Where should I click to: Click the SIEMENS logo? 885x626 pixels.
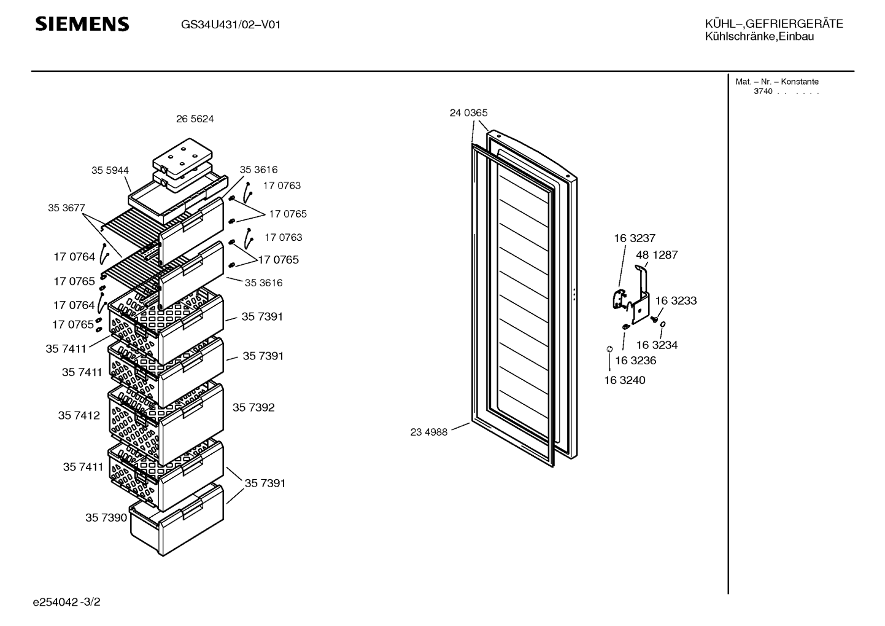coord(82,24)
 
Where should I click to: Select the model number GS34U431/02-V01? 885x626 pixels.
coord(231,25)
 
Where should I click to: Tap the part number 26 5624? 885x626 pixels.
coord(195,119)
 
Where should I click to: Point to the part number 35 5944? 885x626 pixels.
coord(110,171)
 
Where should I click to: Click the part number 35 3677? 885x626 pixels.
coord(66,208)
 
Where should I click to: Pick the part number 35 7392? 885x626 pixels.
coord(253,407)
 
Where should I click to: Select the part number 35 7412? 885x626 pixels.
coord(79,415)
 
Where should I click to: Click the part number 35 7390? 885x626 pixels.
coord(106,517)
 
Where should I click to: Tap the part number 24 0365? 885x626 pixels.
coord(468,113)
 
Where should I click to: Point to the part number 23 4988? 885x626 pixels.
coord(429,432)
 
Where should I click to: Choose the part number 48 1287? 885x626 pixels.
coord(657,255)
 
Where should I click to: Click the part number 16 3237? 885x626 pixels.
coord(635,238)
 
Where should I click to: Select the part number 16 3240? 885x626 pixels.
coord(625,380)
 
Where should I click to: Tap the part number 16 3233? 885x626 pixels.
coord(676,300)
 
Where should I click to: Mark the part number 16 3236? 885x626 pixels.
coord(636,361)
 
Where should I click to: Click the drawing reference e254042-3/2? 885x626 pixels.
coord(68,602)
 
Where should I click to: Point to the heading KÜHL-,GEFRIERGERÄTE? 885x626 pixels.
coord(774,24)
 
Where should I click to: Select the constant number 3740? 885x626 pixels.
coord(763,92)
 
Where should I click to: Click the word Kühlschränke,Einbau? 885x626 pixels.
coord(759,37)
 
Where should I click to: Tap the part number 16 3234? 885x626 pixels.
coord(657,345)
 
